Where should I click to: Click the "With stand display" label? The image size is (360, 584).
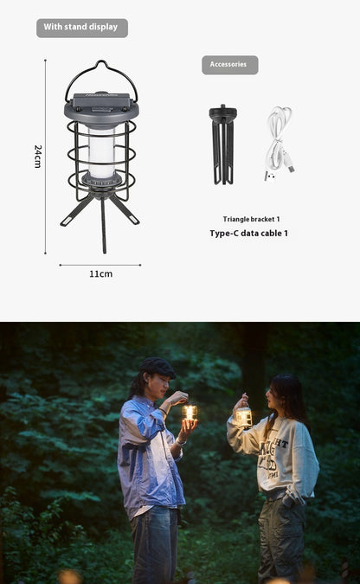tap(81, 28)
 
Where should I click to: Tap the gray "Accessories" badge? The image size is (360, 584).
tap(229, 65)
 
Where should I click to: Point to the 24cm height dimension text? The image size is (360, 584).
tap(37, 156)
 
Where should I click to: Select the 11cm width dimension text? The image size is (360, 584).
tap(100, 274)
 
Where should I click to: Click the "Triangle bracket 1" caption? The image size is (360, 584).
tap(251, 220)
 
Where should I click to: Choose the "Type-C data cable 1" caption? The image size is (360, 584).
tap(249, 234)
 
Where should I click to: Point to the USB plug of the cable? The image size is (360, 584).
tap(269, 176)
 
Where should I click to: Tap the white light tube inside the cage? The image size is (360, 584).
tap(101, 156)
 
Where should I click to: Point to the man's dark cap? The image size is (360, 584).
tap(158, 366)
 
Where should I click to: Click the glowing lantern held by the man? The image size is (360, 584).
tap(190, 413)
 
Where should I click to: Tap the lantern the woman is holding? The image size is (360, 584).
tap(244, 417)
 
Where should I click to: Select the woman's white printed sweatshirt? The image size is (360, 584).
tap(279, 454)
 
